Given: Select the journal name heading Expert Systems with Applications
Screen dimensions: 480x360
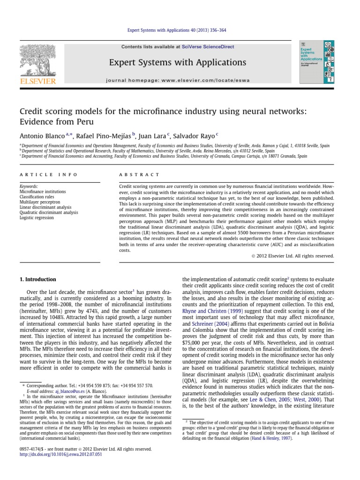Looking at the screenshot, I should coord(177,62).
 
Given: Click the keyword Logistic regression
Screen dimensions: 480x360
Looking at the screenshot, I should coord(37,218).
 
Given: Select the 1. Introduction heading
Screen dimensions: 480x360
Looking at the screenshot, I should coord(37,279).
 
